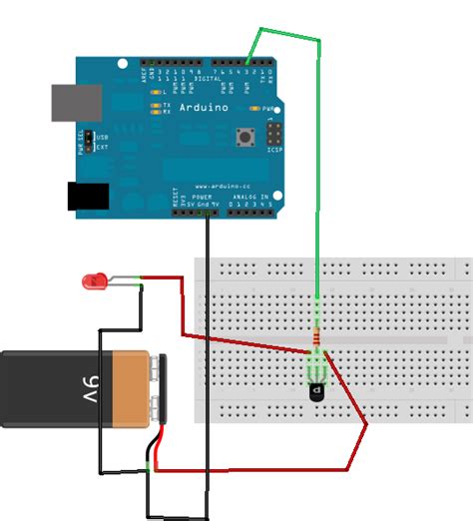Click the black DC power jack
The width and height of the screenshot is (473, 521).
coord(87,197)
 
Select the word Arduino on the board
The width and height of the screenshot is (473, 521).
coord(204,107)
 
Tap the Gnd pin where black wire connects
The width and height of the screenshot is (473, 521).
coord(207,212)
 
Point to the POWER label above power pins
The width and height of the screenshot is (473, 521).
coord(203,198)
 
